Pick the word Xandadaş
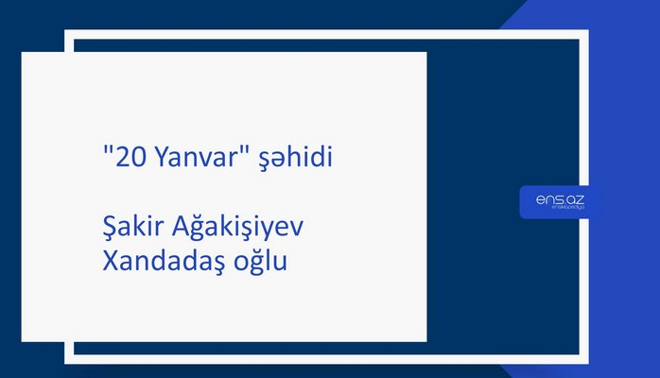(162, 262)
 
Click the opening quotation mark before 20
(106, 152)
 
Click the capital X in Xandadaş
(109, 262)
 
